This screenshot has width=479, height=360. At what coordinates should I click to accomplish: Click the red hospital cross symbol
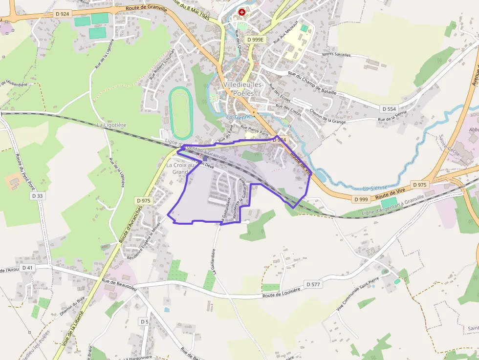241,12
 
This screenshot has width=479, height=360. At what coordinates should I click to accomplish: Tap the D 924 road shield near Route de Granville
62,14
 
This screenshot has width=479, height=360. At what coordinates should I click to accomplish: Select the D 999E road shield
255,40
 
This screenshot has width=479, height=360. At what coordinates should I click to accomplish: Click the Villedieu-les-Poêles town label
243,88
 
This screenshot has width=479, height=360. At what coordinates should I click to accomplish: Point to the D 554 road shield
389,109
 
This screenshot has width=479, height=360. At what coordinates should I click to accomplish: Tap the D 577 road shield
313,284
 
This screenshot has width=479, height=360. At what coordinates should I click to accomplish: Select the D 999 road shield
361,199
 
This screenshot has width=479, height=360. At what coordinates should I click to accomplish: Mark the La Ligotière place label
111,125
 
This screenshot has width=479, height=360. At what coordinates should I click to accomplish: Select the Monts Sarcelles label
336,55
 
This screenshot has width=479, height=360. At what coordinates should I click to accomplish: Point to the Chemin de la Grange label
328,117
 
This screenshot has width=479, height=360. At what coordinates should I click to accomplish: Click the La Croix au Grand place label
180,169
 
